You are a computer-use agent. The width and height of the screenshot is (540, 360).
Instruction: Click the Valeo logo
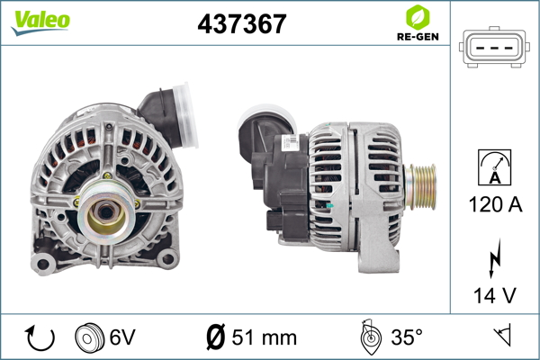pyautogui.click(x=40, y=22)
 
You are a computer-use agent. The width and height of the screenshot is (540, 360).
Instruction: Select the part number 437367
pyautogui.click(x=242, y=23)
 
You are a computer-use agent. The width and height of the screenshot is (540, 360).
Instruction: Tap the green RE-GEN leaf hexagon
pyautogui.click(x=418, y=17)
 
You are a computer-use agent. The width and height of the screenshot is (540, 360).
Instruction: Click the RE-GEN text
pyautogui.click(x=418, y=37)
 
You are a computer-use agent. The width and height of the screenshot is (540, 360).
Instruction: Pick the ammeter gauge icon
pyautogui.click(x=494, y=167)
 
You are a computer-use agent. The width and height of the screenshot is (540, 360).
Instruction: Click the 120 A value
pyautogui.click(x=495, y=204)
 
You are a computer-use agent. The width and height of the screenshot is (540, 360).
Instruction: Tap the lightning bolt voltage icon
pyautogui.click(x=495, y=258)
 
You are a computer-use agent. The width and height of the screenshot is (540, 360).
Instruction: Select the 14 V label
pyautogui.click(x=495, y=295)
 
